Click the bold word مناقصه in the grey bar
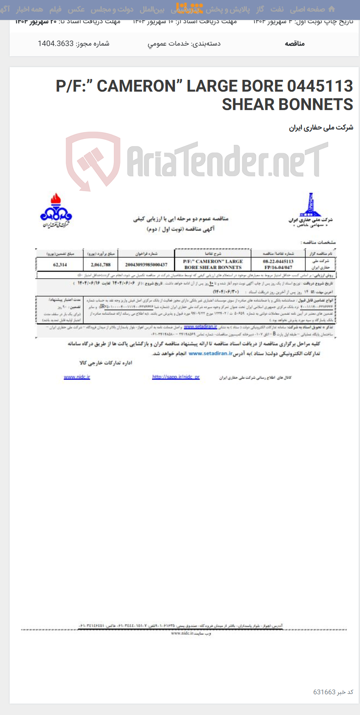(295, 43)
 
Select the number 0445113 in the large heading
(320, 86)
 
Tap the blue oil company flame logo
(56, 210)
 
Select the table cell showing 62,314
(60, 265)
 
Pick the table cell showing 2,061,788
(100, 265)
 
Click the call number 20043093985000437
(146, 265)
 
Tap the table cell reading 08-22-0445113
(278, 261)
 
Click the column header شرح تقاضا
(213, 254)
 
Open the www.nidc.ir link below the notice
(77, 377)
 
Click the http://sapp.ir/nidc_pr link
(176, 377)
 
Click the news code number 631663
(324, 692)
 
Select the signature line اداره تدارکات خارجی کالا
(106, 363)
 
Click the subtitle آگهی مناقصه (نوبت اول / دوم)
(180, 229)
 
